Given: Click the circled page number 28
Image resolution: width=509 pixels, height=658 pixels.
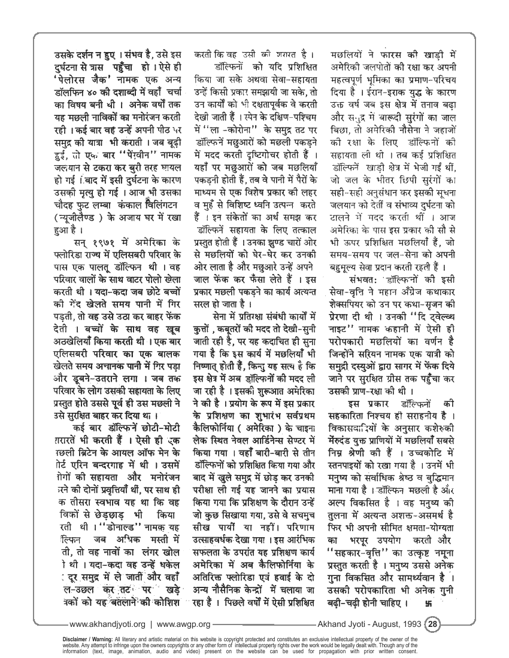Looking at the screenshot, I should (432, 622).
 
